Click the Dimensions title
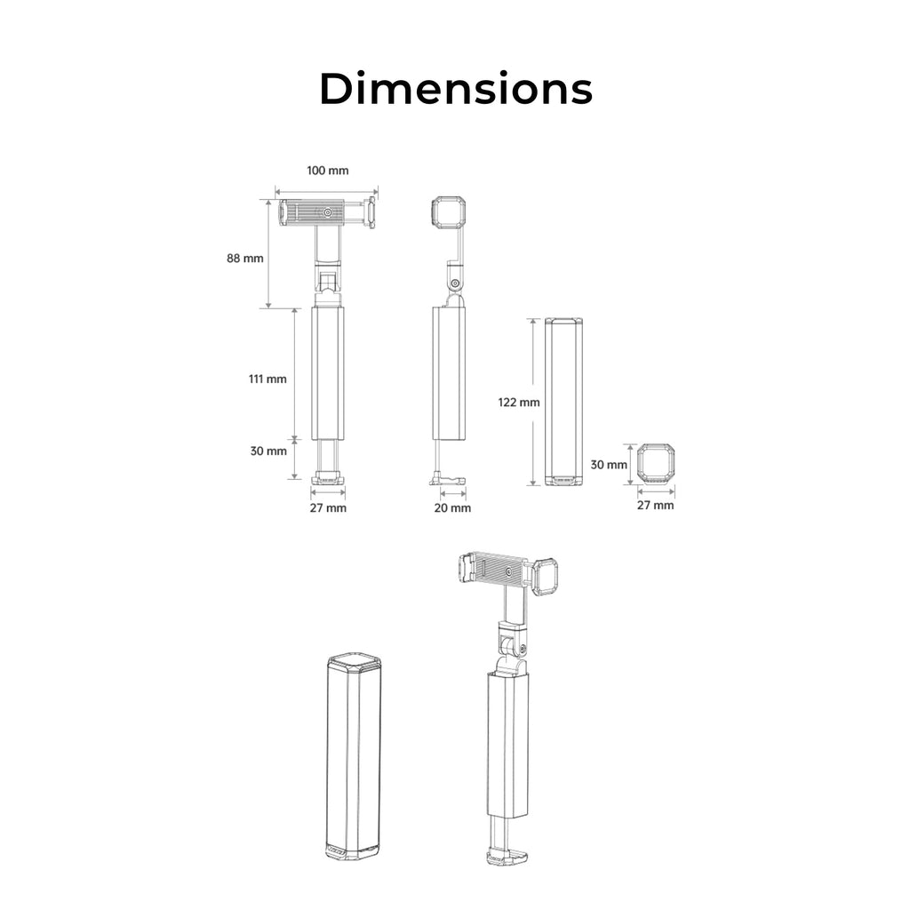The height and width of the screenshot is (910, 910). click(x=456, y=89)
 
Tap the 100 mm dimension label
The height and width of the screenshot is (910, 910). click(x=328, y=171)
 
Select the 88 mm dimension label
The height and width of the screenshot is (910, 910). click(x=245, y=259)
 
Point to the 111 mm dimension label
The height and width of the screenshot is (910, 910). click(x=267, y=379)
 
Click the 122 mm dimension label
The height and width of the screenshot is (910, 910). click(x=519, y=403)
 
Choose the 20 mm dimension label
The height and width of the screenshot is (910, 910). click(x=452, y=507)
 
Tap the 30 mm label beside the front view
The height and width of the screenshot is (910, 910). click(x=268, y=451)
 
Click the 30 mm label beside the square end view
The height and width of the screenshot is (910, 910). click(x=609, y=465)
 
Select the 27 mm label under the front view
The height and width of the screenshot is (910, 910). click(x=328, y=507)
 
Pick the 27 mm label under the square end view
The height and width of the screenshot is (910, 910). click(x=655, y=505)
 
